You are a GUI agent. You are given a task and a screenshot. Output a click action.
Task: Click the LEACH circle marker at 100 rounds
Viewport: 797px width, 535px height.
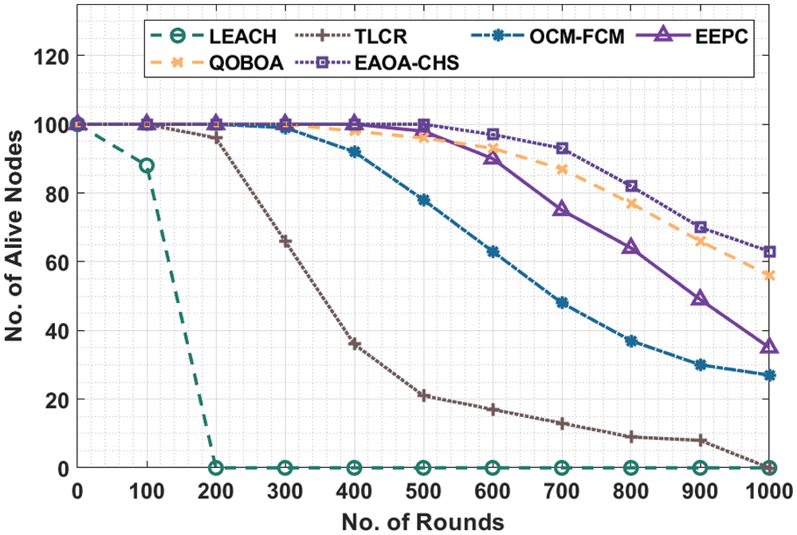click(147, 166)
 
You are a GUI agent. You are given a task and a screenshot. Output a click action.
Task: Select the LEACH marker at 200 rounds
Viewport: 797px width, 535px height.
click(215, 468)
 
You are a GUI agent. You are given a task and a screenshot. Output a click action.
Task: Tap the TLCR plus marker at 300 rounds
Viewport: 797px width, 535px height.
click(285, 242)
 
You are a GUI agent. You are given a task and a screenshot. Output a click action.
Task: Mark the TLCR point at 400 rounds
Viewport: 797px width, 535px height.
click(355, 344)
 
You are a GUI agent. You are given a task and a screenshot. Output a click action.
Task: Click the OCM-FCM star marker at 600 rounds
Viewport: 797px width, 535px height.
click(493, 252)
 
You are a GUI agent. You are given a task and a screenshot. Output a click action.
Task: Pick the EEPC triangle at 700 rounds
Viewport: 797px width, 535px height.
click(562, 210)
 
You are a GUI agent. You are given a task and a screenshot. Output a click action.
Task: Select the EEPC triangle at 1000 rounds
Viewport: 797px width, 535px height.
click(769, 347)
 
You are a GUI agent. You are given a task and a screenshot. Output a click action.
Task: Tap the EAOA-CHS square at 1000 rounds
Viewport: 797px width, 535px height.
click(769, 252)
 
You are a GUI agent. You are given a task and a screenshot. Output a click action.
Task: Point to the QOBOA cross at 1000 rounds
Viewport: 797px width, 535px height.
click(769, 276)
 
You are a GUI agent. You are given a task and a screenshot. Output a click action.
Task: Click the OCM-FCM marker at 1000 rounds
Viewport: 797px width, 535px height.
click(769, 375)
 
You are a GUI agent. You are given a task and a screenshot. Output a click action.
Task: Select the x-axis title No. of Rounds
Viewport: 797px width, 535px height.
click(422, 522)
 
